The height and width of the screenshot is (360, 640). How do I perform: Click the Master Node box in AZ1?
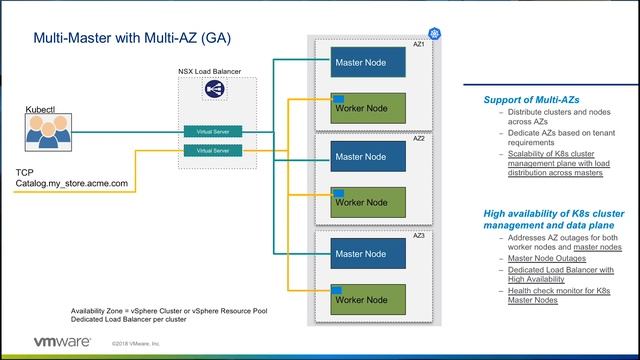pyautogui.click(x=368, y=62)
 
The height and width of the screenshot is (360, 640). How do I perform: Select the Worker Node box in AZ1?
pyautogui.click(x=368, y=108)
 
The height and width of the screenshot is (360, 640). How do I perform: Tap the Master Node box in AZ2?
pyautogui.click(x=368, y=157)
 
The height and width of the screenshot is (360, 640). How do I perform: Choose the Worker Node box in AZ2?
pyautogui.click(x=368, y=203)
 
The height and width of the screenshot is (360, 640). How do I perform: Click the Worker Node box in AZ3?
pyautogui.click(x=368, y=299)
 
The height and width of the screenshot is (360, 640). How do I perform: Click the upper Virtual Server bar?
pyautogui.click(x=213, y=132)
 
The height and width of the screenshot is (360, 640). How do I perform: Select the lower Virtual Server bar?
pyautogui.click(x=213, y=151)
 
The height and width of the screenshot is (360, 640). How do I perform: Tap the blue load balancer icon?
pyautogui.click(x=213, y=90)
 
